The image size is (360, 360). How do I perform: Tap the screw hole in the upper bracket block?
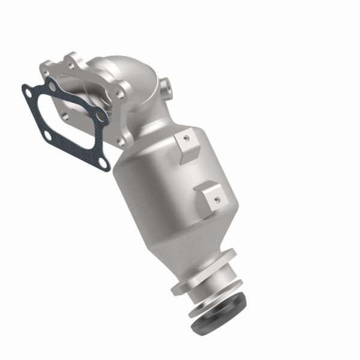coord(187,138)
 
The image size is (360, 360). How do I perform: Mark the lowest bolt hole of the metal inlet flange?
coord(121,142)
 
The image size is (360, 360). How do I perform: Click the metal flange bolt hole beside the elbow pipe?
coord(122,93)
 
